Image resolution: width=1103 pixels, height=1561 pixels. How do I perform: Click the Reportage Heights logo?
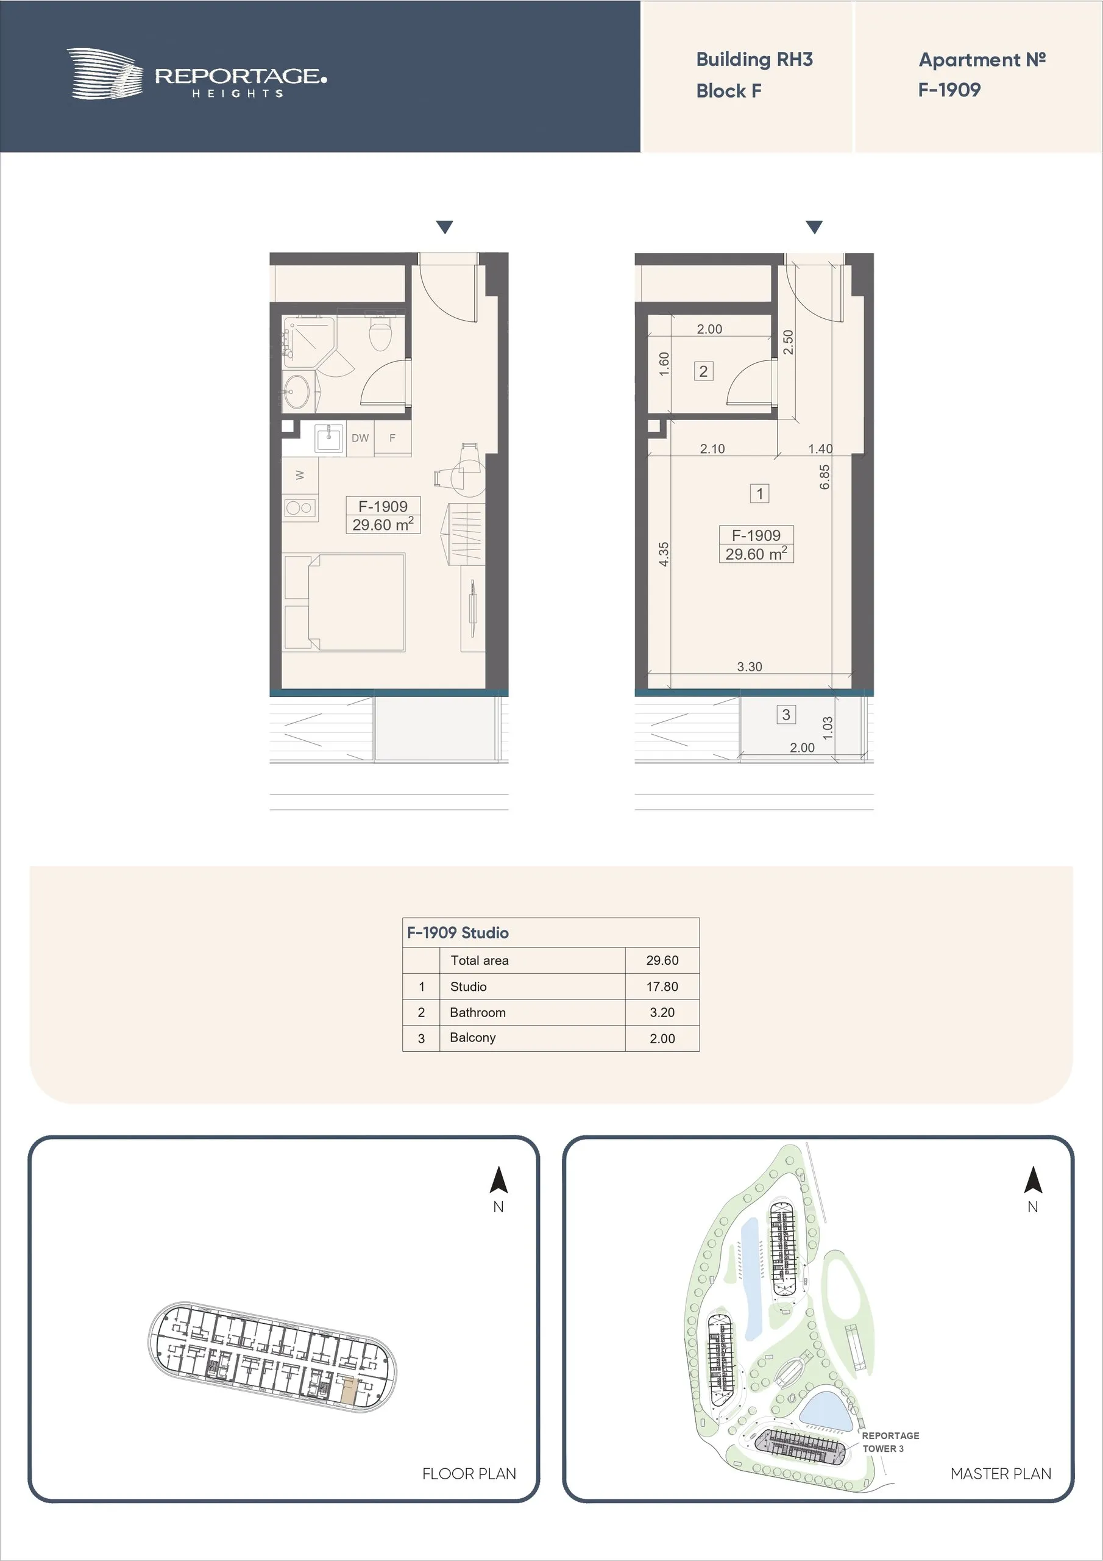coord(196,73)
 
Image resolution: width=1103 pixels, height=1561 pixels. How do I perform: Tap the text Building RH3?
coord(754,60)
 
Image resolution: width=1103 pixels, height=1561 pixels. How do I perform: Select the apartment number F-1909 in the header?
coord(949,90)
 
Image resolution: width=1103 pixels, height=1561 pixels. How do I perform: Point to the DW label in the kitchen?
coord(360,438)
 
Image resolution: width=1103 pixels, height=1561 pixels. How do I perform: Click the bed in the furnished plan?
coord(344,602)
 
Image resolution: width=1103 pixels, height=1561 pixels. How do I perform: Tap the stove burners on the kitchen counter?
coord(299,507)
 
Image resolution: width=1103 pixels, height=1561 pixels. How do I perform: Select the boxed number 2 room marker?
coord(703,371)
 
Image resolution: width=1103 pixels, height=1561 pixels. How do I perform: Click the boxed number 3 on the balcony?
coord(786,715)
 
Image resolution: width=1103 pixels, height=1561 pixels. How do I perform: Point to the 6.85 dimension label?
coord(825,477)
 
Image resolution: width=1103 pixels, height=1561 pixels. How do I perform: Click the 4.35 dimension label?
coord(664,554)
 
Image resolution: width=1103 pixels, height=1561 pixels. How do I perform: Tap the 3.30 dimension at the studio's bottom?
coord(750,667)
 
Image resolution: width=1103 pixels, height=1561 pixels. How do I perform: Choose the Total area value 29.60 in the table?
coord(662,960)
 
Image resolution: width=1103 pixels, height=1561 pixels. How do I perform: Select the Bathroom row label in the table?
coord(478,1012)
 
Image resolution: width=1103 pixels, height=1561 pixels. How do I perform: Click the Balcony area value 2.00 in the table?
coord(662,1038)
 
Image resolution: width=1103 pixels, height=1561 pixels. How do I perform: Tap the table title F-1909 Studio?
coord(458,933)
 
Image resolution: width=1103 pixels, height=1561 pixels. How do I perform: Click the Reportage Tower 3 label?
coord(890,1442)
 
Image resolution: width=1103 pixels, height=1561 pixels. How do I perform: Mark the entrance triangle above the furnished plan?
coord(444,227)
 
